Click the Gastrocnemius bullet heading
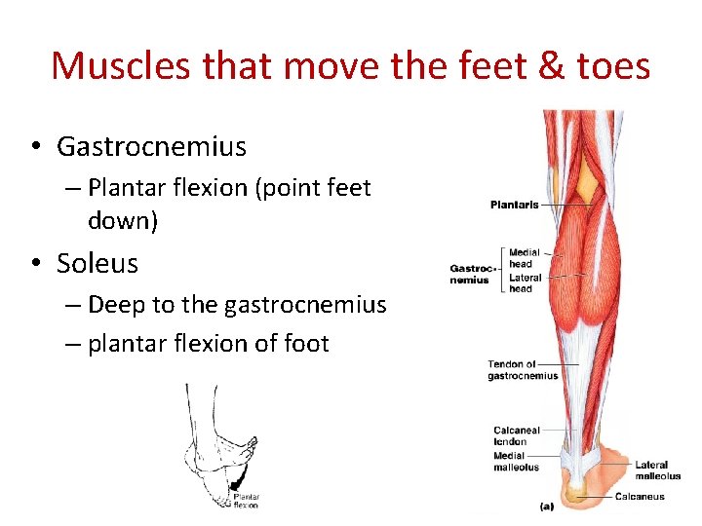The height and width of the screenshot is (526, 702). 151,147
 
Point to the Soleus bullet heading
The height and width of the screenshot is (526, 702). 97,263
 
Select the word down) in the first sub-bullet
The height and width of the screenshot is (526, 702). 123,220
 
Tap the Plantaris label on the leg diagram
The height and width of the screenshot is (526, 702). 514,205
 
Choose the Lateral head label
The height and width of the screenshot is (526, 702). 525,283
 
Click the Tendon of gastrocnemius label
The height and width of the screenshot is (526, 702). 523,370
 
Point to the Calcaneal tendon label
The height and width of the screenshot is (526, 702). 516,435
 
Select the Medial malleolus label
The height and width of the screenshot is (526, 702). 516,461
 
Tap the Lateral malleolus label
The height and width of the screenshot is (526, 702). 658,470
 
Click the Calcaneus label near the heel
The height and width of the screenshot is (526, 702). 640,497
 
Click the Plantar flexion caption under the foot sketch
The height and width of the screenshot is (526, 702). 246,501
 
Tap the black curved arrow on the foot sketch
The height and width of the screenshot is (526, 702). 240,475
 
